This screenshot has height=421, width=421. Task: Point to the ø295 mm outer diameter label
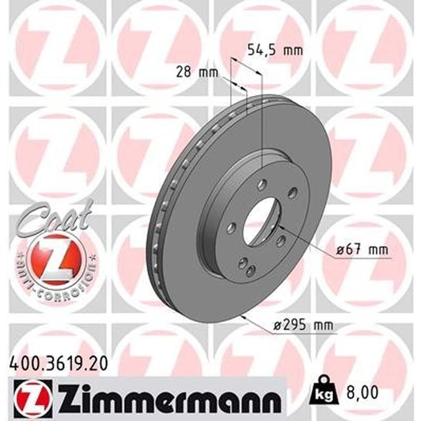pyautogui.click(x=304, y=326)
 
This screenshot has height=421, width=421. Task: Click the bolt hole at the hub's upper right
pyautogui.click(x=292, y=194)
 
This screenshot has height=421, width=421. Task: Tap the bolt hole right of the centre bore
pyautogui.click(x=281, y=242)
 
